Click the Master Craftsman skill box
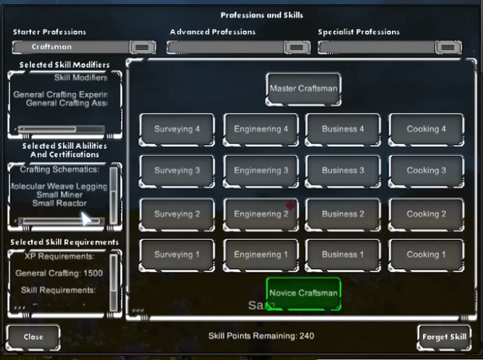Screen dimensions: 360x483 pos(304,89)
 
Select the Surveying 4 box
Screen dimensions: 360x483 pos(177,129)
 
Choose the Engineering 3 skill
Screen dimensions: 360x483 pos(261,170)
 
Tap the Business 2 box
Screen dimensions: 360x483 pos(343,214)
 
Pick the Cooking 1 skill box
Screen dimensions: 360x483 pos(426,254)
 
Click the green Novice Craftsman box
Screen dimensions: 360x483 pos(304,293)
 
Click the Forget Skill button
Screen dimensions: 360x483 pos(444,337)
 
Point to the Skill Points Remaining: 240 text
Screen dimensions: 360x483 pos(262,336)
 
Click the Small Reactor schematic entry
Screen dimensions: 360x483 pos(59,203)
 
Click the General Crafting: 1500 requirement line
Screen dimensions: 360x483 pos(59,273)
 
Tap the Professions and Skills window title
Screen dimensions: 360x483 pos(262,14)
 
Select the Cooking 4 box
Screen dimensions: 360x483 pos(426,129)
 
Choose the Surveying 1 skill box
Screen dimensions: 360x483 pos(177,254)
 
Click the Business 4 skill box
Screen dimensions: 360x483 pos(343,129)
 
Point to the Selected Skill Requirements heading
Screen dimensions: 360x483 pos(64,242)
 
